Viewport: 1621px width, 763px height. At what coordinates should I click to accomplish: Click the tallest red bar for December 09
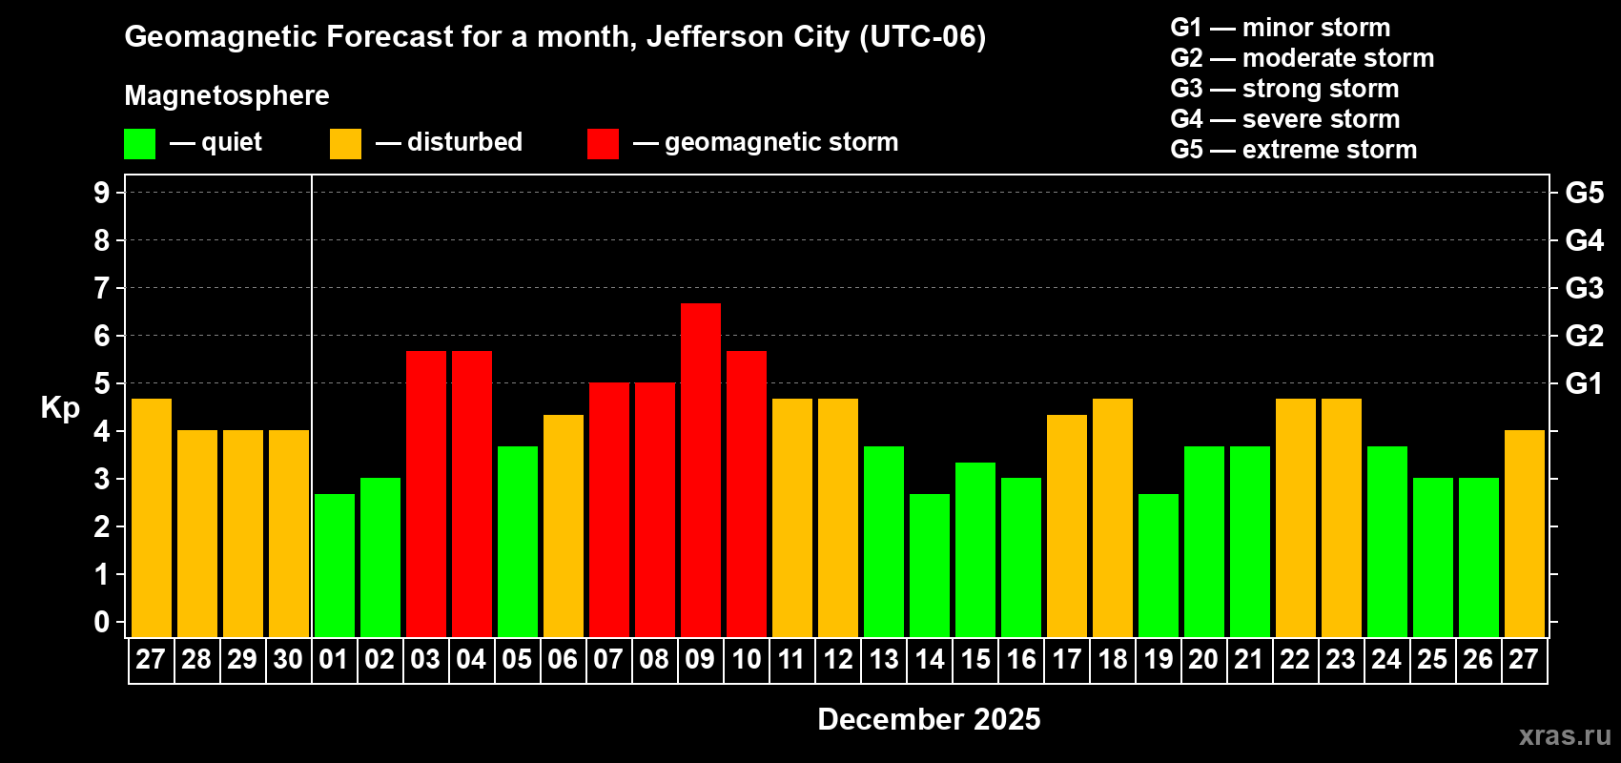pos(701,469)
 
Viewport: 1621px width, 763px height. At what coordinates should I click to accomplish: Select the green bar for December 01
pos(335,565)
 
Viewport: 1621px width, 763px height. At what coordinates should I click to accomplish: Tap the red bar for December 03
pos(426,493)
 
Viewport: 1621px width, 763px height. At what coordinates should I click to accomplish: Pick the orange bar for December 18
pos(1113,517)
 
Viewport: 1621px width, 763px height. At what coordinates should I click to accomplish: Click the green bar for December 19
pos(1159,565)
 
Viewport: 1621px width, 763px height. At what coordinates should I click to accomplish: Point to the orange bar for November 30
pos(289,533)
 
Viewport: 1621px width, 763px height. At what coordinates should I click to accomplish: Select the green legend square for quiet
pos(140,144)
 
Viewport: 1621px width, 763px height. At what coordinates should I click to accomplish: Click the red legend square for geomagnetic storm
pos(603,144)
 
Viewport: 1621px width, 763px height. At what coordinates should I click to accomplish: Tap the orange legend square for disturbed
pos(345,144)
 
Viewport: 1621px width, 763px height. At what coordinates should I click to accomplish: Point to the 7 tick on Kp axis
pos(102,288)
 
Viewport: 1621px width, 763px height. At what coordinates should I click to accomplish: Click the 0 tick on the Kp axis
pos(102,623)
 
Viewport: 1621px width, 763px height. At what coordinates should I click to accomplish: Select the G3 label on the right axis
pos(1584,288)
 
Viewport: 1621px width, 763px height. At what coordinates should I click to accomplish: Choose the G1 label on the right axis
pos(1584,383)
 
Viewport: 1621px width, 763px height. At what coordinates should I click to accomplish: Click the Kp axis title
pos(60,408)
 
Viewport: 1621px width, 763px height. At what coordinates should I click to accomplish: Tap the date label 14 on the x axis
pos(930,660)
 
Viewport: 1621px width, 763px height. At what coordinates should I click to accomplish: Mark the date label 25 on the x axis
pos(1432,660)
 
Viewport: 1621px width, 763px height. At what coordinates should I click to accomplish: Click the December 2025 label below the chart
pos(929,719)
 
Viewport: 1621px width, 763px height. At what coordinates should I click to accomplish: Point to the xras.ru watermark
pos(1564,735)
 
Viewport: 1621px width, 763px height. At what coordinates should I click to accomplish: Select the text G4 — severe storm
pos(1284,119)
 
